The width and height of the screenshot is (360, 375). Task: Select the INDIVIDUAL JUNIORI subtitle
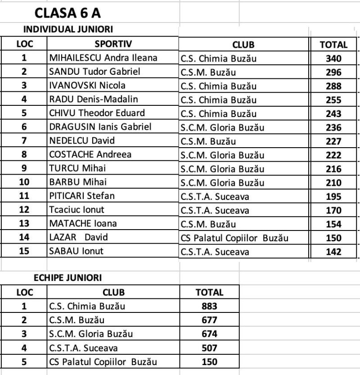(68, 29)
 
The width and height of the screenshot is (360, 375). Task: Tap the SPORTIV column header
(113, 44)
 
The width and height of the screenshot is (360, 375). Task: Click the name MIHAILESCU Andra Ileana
(103, 58)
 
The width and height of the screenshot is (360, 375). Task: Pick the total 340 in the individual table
(333, 59)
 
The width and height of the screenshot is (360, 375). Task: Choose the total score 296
(333, 72)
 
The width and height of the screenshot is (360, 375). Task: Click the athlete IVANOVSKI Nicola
(87, 86)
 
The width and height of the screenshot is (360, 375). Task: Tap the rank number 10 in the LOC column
(24, 182)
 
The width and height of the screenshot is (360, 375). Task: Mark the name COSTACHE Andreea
(90, 154)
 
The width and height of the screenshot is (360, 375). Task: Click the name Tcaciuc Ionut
(76, 210)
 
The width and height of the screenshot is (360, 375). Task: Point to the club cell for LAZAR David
(234, 238)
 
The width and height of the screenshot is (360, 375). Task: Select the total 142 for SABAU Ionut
(333, 252)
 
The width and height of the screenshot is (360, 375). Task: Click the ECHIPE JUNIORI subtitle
(67, 278)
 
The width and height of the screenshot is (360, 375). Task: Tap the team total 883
(210, 307)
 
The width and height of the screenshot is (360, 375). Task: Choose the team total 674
(210, 334)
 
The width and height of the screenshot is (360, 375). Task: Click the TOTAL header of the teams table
(210, 292)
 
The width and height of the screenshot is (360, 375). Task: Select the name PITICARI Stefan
(81, 196)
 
